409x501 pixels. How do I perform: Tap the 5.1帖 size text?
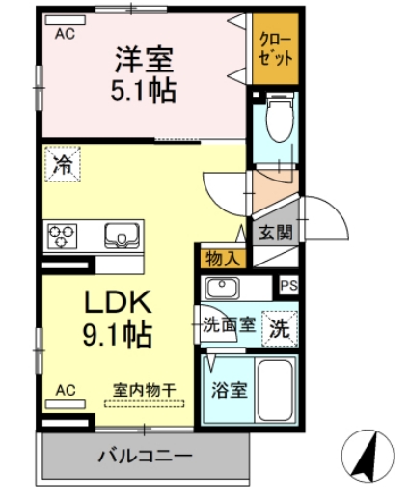145,92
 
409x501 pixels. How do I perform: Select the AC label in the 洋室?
65,33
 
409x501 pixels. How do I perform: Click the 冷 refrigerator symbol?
63,164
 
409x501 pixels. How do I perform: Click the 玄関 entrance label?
273,233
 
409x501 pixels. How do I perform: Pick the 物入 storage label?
223,258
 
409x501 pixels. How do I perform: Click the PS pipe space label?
287,285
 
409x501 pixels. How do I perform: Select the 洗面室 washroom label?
229,324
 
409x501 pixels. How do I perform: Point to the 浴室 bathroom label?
230,391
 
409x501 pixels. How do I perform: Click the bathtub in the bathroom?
278,391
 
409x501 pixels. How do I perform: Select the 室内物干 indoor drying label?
145,389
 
